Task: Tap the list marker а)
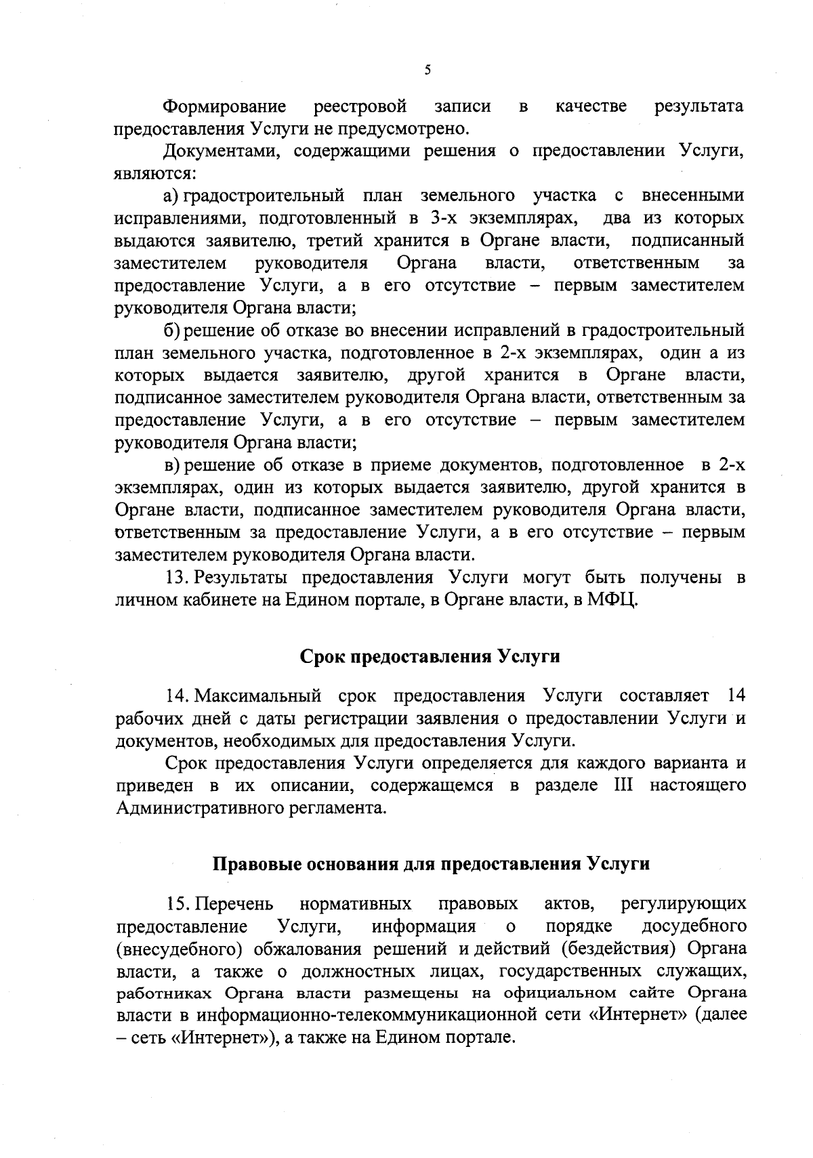click(x=171, y=196)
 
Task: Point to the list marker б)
click(x=171, y=330)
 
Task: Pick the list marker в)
click(x=171, y=465)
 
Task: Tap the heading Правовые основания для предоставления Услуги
click(x=432, y=864)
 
